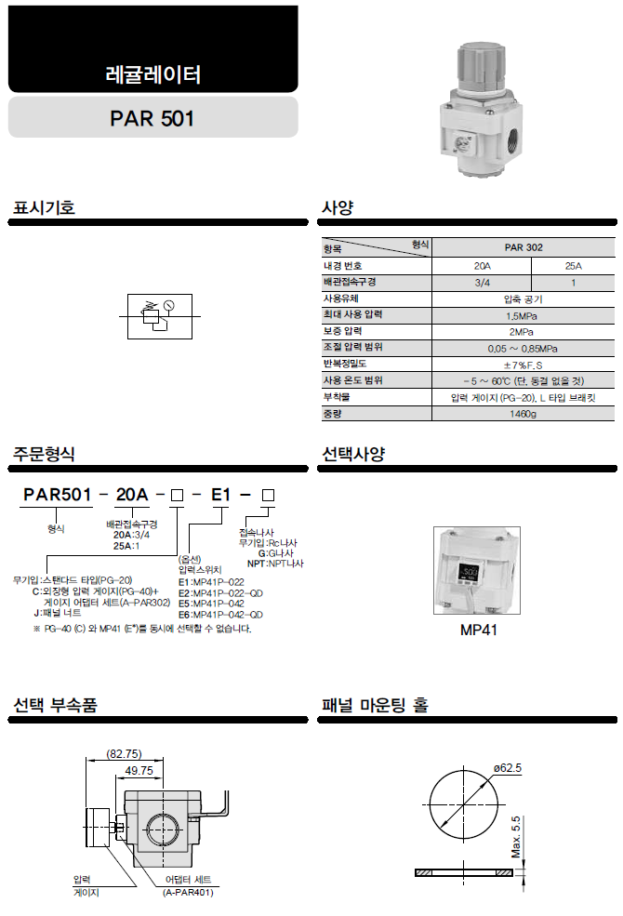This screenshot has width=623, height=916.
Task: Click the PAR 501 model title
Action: tap(152, 119)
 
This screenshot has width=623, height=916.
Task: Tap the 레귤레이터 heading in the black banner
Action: tap(153, 74)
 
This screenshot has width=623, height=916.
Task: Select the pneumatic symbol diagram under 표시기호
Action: tap(160, 316)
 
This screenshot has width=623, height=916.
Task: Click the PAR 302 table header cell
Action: tap(524, 247)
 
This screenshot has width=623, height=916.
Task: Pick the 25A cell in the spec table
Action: tap(574, 266)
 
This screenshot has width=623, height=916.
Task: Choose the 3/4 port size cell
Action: tap(483, 283)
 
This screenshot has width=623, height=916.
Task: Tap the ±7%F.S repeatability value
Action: tap(524, 365)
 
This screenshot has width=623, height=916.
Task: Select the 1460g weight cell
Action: tap(523, 414)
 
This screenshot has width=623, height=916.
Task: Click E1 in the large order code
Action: tap(220, 495)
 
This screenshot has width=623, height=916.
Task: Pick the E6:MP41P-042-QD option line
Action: tap(220, 615)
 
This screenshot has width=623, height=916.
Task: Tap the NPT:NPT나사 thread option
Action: tap(275, 564)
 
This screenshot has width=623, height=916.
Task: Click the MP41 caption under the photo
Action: tap(478, 630)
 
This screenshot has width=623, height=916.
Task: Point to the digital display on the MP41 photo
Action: tap(470, 571)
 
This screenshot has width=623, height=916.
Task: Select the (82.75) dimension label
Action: tap(124, 754)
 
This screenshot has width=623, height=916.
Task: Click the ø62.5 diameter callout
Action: tap(508, 768)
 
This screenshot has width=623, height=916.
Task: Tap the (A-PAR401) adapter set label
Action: tap(188, 893)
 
